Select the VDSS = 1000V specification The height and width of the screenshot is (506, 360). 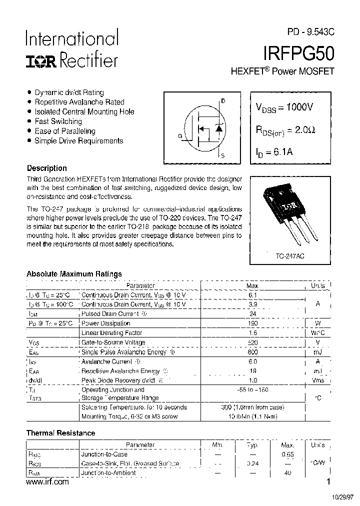tap(284, 107)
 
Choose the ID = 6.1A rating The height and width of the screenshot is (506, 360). tap(274, 152)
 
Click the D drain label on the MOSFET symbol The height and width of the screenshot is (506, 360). tap(223, 101)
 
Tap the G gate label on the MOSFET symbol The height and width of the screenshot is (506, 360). tap(179, 135)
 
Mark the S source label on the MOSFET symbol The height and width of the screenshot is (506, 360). tap(223, 155)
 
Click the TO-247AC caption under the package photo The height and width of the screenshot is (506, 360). tap(289, 255)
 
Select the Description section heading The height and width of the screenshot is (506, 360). tap(46, 168)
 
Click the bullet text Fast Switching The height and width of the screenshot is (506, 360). tap(58, 121)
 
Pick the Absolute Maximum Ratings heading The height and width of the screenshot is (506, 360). tap(73, 274)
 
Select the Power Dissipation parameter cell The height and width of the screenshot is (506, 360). tap(105, 323)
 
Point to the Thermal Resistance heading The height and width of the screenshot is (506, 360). tap(60, 433)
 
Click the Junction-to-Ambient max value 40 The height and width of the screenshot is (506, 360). tap(287, 473)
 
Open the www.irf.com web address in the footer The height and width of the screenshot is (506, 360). tap(46, 482)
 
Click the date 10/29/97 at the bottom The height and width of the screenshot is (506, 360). tap(343, 497)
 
